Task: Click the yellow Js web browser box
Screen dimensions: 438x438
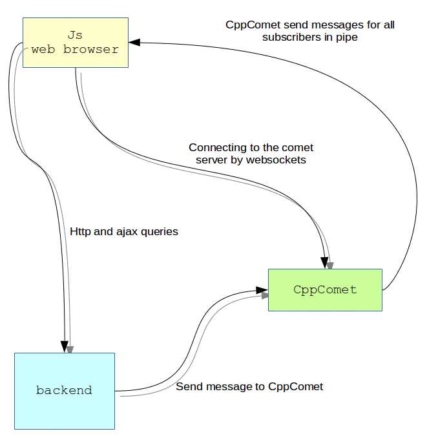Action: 76,42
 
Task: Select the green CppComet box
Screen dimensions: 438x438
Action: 325,290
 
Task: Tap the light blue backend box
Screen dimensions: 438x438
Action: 65,391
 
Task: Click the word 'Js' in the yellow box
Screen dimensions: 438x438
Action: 76,34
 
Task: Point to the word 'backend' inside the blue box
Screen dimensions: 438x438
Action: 64,390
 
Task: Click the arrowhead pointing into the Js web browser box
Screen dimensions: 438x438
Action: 134,43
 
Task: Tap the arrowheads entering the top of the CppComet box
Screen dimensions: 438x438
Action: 326,262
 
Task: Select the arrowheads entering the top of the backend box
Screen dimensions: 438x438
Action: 66,347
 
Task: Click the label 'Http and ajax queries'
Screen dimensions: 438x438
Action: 124,231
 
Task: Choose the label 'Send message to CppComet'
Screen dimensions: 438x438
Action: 249,386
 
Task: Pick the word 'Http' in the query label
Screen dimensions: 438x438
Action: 81,231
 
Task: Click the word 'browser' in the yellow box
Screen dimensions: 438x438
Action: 91,49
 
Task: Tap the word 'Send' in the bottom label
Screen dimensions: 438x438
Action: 189,386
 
